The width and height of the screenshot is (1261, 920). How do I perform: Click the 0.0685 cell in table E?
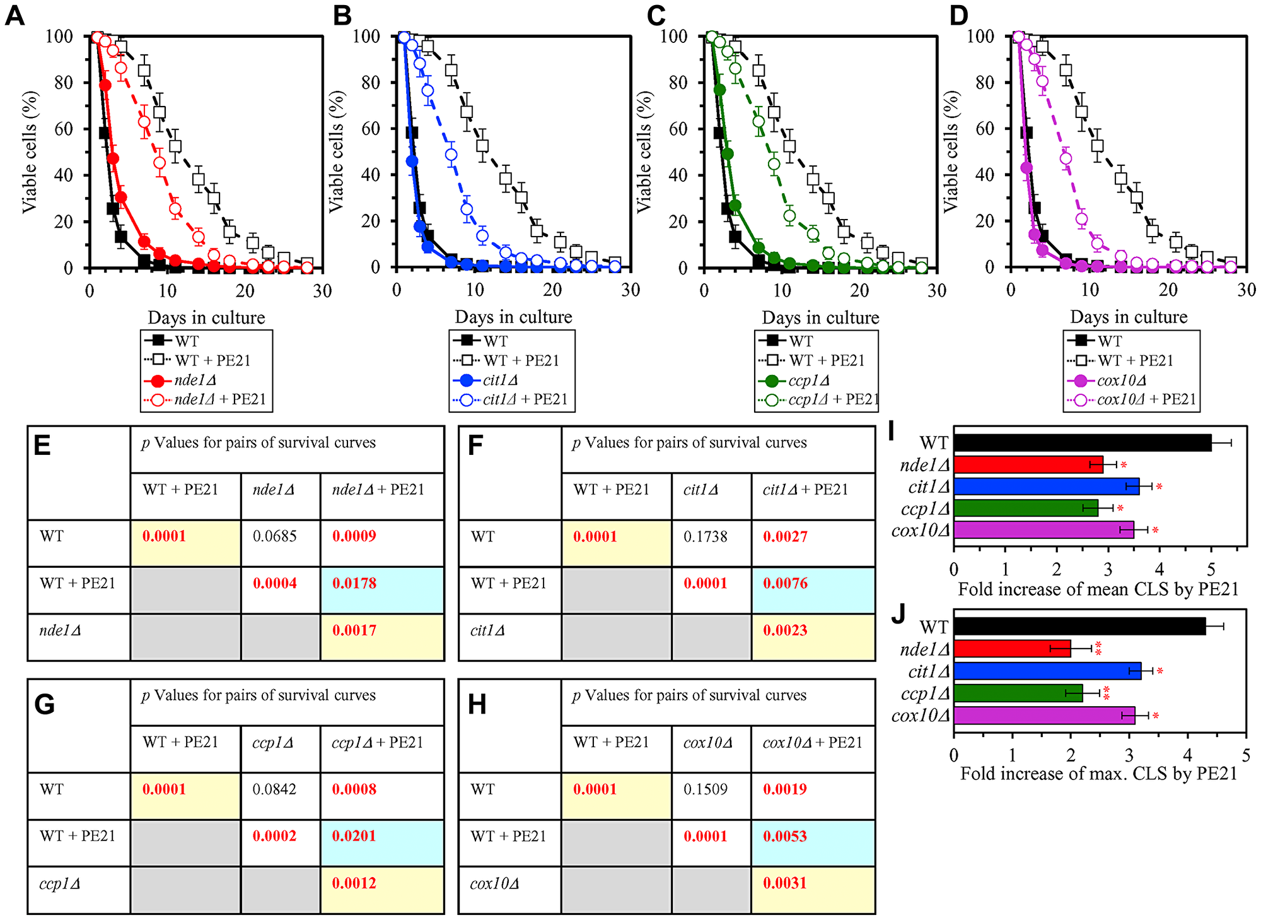click(274, 536)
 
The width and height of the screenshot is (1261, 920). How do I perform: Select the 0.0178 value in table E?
click(354, 583)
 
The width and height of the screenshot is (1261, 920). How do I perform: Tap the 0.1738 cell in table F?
click(706, 537)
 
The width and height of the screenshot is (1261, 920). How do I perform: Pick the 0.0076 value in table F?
click(785, 583)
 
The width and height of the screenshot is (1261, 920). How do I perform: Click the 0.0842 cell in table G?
click(274, 789)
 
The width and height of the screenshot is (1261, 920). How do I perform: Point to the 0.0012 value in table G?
click(354, 883)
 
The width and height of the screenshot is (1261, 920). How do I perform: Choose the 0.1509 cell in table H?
click(706, 789)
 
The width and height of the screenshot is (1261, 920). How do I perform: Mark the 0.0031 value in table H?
click(785, 883)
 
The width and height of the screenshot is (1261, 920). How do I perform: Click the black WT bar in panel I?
click(1081, 443)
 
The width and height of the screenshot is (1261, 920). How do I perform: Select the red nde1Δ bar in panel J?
click(1012, 649)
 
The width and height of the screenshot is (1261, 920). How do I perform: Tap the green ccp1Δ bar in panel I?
click(1025, 508)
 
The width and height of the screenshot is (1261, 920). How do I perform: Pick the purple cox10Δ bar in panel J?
click(1043, 715)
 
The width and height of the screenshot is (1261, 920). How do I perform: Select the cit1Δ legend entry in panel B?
click(500, 380)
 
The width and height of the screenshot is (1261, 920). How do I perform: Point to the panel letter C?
click(656, 16)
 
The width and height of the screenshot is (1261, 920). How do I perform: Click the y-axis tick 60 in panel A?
click(63, 129)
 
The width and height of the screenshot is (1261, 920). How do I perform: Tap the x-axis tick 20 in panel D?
click(1168, 290)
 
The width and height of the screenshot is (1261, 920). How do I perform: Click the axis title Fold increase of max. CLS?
click(1098, 774)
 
